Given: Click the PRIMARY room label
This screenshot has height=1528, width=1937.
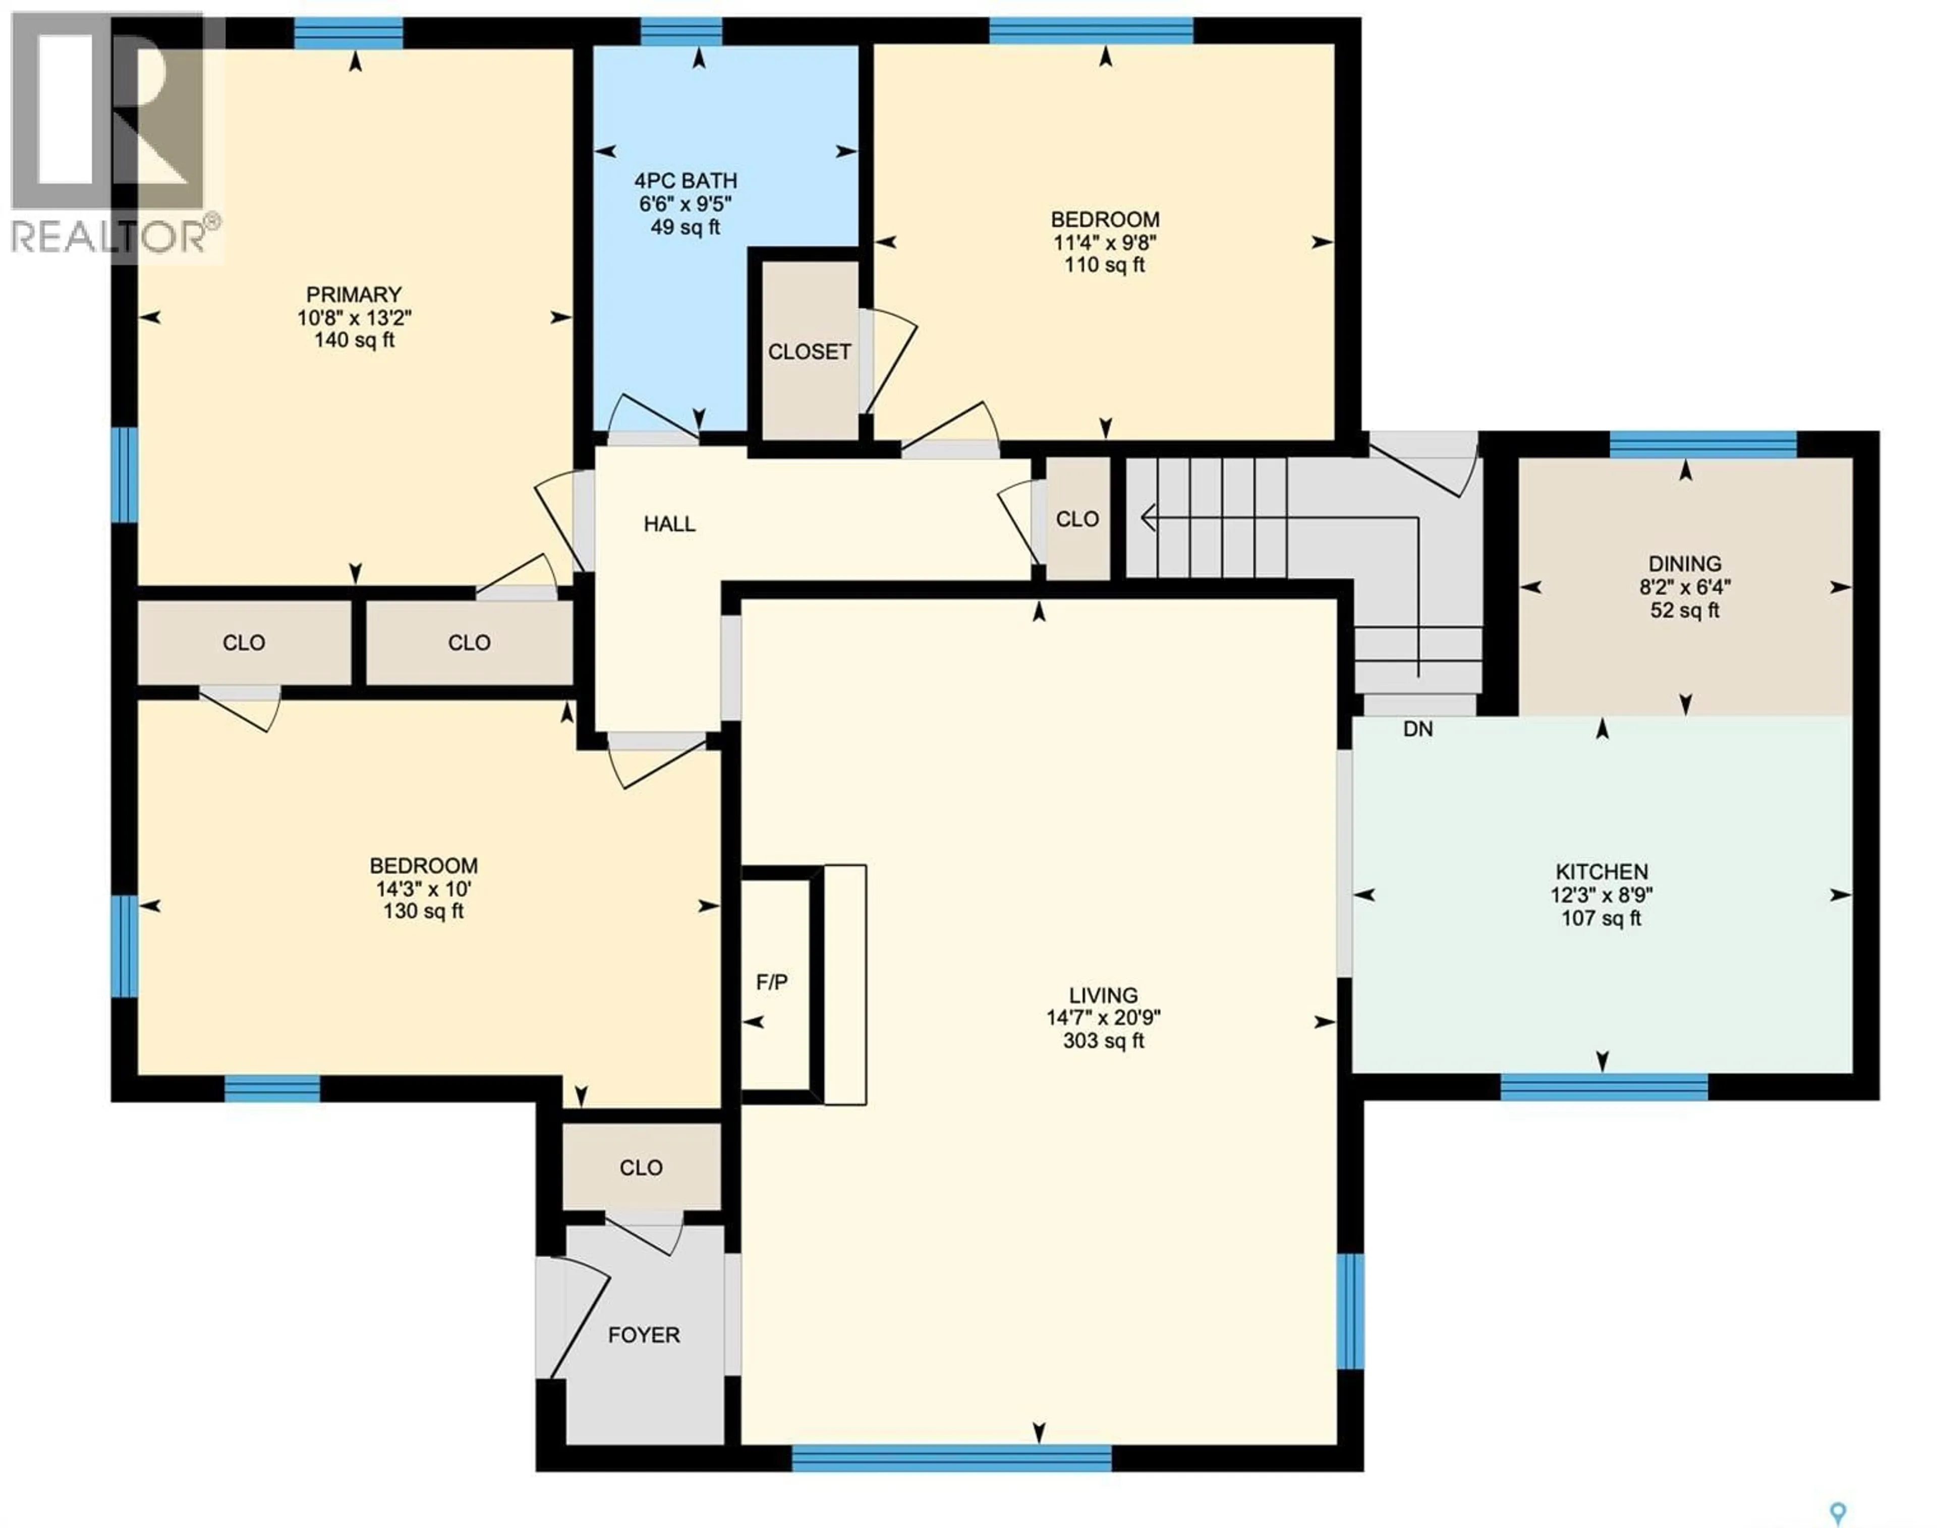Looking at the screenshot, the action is [354, 295].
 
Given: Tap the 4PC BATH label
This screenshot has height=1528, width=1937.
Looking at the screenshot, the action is [686, 181].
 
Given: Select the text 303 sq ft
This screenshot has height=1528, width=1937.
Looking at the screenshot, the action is [1103, 1040].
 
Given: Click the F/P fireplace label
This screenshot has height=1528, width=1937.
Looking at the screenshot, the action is [772, 982].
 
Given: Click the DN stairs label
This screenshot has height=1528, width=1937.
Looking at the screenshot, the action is [1418, 729].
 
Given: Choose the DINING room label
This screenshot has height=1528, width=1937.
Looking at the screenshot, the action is [1685, 564].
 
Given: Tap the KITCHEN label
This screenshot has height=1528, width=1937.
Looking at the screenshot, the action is [1602, 871].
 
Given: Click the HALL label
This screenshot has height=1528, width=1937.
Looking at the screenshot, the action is [669, 524].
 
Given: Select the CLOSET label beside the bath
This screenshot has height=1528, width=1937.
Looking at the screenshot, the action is [809, 351].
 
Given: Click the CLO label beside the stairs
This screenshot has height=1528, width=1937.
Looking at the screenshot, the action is [1077, 519].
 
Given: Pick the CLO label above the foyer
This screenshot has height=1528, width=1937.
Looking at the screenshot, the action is [641, 1167].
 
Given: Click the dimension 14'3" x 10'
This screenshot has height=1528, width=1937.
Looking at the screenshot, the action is [423, 889].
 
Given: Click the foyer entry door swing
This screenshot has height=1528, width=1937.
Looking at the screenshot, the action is [577, 1320].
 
